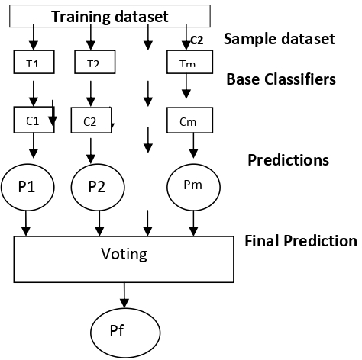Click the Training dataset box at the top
pyautogui.click(x=112, y=15)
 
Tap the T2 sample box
pyautogui.click(x=93, y=63)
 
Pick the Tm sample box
pyautogui.click(x=186, y=63)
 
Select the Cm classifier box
pyautogui.click(x=187, y=121)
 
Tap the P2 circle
pyautogui.click(x=96, y=186)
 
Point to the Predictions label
pyautogui.click(x=288, y=160)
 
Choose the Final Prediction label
pyautogui.click(x=300, y=241)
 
